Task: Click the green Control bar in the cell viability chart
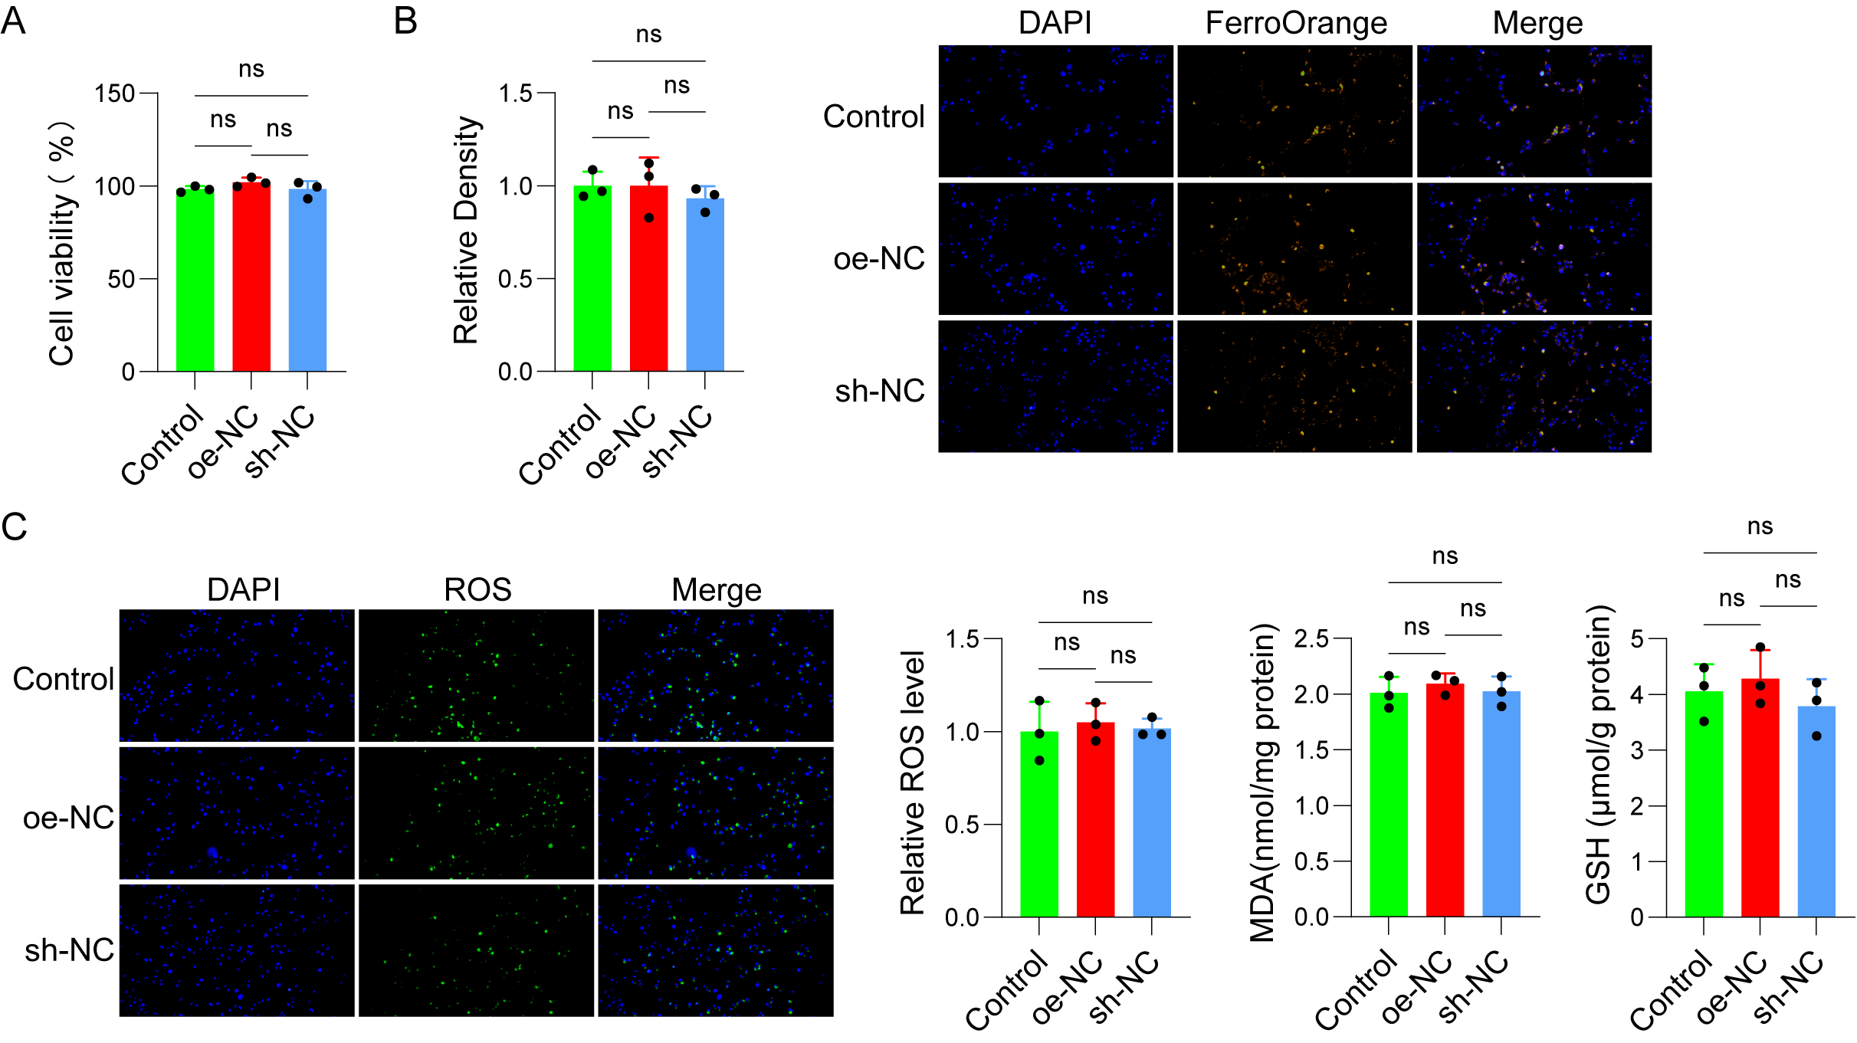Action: (195, 280)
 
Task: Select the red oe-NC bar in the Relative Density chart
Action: (648, 279)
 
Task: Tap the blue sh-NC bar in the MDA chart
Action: (1501, 804)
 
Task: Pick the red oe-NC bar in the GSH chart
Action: (1760, 798)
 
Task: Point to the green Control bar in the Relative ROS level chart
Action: (1039, 825)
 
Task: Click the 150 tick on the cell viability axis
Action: (114, 93)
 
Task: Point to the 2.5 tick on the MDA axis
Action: (1311, 638)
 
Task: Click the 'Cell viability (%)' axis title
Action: (61, 243)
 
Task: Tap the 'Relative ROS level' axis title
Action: (912, 782)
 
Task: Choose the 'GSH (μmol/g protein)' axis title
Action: (1599, 755)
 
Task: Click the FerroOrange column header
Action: (1296, 23)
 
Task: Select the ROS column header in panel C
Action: (477, 590)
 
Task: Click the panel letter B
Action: (405, 21)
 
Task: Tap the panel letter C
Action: (14, 526)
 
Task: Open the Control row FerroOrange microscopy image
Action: (1294, 111)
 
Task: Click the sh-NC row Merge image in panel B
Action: (1534, 386)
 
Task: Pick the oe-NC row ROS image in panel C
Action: (476, 813)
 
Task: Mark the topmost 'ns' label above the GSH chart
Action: (1760, 527)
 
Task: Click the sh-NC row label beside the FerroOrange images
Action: (880, 391)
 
